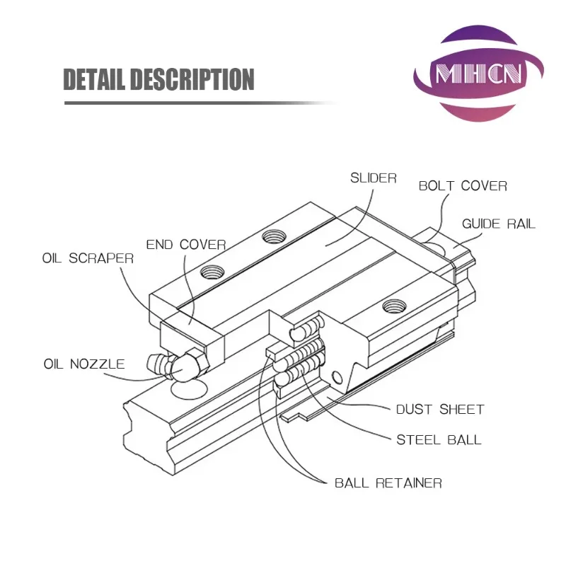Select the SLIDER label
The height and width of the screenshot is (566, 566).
[x=374, y=178]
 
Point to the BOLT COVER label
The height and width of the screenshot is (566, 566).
[x=463, y=186]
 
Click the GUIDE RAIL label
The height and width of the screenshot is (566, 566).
[x=499, y=224]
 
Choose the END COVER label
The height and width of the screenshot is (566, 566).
[x=186, y=245]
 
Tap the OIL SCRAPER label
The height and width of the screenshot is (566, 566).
[x=88, y=258]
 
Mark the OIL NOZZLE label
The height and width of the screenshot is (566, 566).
[x=84, y=364]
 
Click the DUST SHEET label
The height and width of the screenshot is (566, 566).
[x=439, y=410]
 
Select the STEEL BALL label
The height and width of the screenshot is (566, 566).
[x=439, y=439]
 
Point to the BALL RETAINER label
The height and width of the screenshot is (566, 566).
[x=388, y=484]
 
